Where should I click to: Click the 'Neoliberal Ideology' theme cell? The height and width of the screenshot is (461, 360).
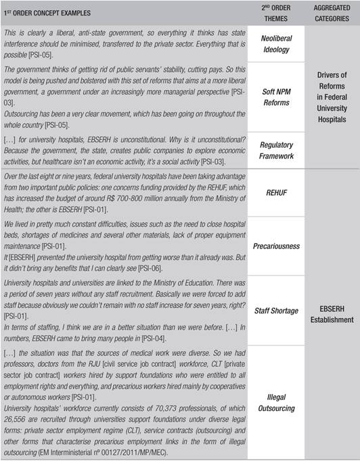coord(276,45)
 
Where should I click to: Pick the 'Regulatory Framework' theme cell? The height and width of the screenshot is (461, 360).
coord(276,150)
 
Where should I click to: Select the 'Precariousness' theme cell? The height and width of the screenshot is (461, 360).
coord(276,246)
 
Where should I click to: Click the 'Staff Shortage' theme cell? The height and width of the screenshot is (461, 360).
coord(276,310)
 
